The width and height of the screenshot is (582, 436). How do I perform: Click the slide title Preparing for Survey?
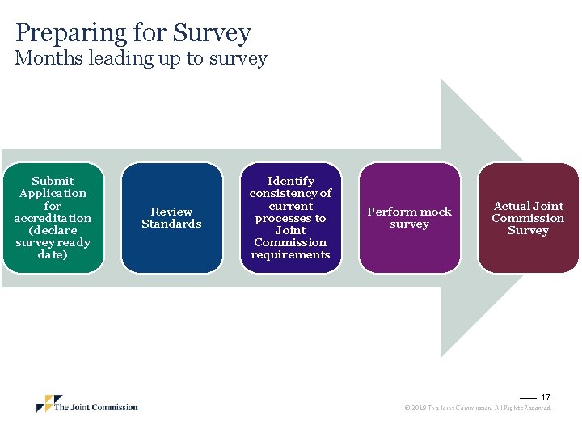(x=133, y=33)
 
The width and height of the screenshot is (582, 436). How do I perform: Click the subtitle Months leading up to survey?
(x=141, y=58)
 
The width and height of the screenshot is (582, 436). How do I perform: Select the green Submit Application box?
(x=53, y=218)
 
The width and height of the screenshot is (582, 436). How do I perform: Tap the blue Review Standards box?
(x=171, y=218)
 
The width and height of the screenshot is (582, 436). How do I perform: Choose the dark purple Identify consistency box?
(x=290, y=218)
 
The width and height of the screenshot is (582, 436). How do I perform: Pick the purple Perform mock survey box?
(x=409, y=218)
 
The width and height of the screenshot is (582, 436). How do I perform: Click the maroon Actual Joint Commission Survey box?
(x=528, y=218)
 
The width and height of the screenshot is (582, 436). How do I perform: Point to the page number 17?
(x=546, y=397)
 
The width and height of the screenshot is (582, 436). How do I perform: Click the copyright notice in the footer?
(x=478, y=409)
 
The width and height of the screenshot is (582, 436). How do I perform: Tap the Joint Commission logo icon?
(x=48, y=404)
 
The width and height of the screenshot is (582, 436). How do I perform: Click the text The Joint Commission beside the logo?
(x=96, y=407)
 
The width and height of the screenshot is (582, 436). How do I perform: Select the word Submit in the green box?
(x=53, y=181)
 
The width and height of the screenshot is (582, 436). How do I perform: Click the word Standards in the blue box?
(x=171, y=224)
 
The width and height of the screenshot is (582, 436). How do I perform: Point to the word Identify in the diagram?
(x=290, y=181)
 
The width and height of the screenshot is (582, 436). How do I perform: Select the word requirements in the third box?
(x=290, y=254)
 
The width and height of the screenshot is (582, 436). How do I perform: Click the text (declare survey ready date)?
(x=53, y=242)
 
